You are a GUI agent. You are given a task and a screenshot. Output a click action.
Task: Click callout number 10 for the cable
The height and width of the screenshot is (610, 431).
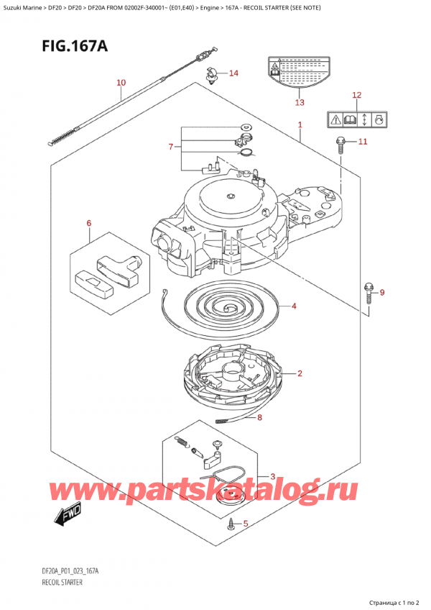click(121, 83)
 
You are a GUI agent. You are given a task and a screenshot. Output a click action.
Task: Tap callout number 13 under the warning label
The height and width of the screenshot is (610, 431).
click(300, 103)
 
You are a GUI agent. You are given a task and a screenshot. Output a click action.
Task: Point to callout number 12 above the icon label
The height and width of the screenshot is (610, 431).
click(357, 95)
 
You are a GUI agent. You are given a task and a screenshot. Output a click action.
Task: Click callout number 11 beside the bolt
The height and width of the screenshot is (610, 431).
click(363, 142)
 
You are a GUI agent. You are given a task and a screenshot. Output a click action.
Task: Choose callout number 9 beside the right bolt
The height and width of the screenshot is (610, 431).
click(382, 292)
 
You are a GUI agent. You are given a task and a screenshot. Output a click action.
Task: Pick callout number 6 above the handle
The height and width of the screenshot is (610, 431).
click(88, 224)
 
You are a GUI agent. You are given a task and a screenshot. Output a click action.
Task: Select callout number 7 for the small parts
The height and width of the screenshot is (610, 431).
click(170, 147)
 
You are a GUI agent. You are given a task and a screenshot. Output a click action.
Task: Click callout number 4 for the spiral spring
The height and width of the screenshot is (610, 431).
click(293, 306)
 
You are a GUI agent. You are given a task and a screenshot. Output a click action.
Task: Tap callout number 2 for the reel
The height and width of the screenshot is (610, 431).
click(299, 373)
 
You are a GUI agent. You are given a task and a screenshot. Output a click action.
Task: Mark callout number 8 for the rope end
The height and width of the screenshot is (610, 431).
click(259, 417)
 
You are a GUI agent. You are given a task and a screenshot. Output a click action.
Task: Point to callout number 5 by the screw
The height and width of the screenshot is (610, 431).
click(246, 524)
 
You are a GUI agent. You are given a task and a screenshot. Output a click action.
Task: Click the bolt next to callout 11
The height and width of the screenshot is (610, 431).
click(340, 144)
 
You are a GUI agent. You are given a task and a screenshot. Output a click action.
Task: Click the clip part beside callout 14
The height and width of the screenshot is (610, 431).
click(211, 74)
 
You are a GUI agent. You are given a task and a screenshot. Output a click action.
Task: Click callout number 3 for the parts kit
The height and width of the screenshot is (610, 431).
click(272, 476)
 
